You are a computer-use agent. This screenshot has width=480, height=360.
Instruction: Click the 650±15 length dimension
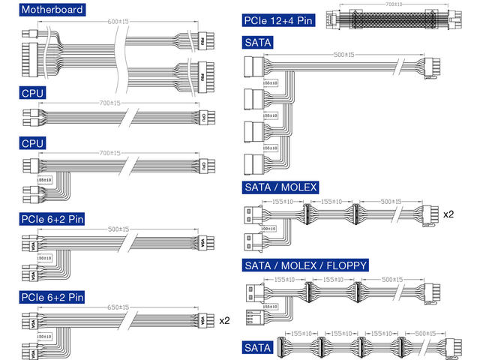coord(118,307)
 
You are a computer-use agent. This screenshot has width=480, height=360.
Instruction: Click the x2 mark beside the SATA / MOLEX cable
coord(448,214)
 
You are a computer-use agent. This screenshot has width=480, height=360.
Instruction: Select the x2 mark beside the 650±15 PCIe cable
coord(224,320)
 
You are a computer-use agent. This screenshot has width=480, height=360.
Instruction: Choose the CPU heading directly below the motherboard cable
coord(33,93)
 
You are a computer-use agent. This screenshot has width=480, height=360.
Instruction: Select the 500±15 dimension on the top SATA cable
coord(344,55)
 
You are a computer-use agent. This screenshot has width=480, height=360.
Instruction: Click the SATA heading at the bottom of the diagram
coord(257,348)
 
